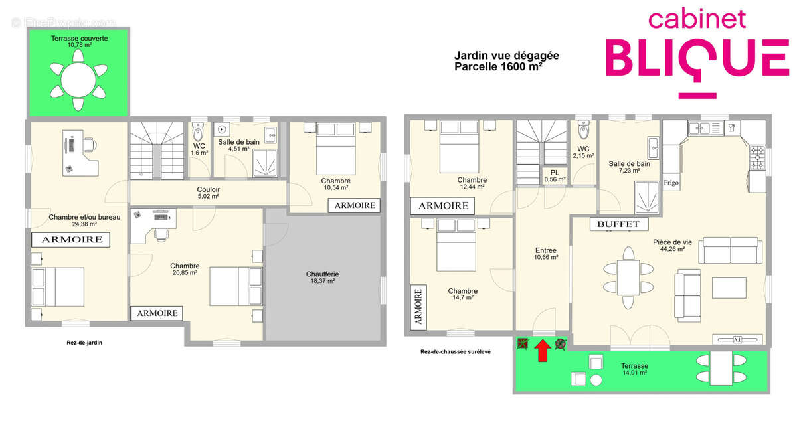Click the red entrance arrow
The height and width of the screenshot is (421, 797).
[542, 351]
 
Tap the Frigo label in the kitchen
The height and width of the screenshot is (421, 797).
[671, 183]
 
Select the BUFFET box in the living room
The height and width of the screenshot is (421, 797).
[619, 224]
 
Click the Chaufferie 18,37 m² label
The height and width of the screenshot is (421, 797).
[322, 277]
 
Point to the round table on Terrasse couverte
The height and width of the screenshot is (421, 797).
[78, 80]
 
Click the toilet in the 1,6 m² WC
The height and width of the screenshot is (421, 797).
[197, 131]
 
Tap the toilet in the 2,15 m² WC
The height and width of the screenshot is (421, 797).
[584, 129]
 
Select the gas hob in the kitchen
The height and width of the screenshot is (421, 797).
[757, 157]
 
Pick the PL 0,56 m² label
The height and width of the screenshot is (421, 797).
[555, 176]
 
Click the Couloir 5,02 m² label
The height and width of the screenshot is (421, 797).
[208, 193]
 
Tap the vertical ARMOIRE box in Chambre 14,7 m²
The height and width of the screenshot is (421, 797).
[418, 307]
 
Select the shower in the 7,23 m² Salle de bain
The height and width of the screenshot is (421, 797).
[647, 197]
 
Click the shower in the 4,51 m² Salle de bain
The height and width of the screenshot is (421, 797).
[265, 163]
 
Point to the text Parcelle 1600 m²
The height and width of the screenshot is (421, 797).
[498, 66]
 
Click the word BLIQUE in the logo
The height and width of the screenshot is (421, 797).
[697, 58]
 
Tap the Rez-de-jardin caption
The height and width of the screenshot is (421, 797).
[84, 343]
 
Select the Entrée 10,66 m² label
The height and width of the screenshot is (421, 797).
[546, 254]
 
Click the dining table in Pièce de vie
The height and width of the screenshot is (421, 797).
[628, 278]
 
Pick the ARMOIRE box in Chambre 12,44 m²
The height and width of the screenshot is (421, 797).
[442, 206]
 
